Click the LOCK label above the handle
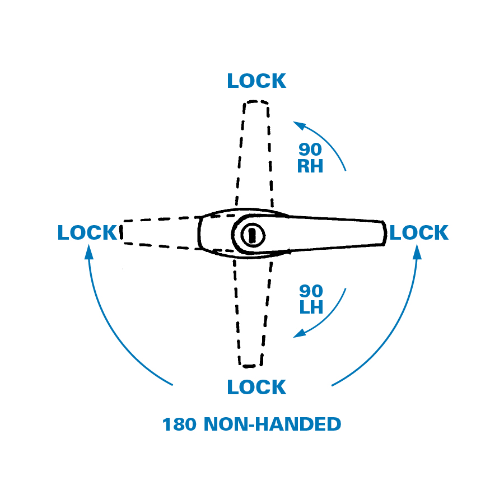pos(256,81)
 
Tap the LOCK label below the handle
pos(256,387)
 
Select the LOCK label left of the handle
pos(87,233)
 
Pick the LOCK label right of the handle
pos(419,233)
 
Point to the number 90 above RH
pos(310,150)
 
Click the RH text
pos(310,166)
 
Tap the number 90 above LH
pos(311,291)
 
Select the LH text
pos(311,307)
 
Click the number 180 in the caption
pos(179,424)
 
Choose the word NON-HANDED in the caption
pos(272,424)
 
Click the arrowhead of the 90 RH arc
pos(298,124)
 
